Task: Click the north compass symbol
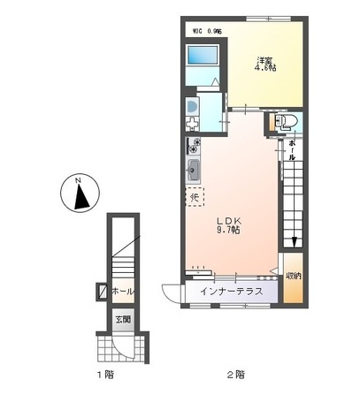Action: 80,194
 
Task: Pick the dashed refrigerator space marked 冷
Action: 194,198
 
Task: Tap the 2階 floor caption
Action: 235,375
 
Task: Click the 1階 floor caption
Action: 103,375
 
